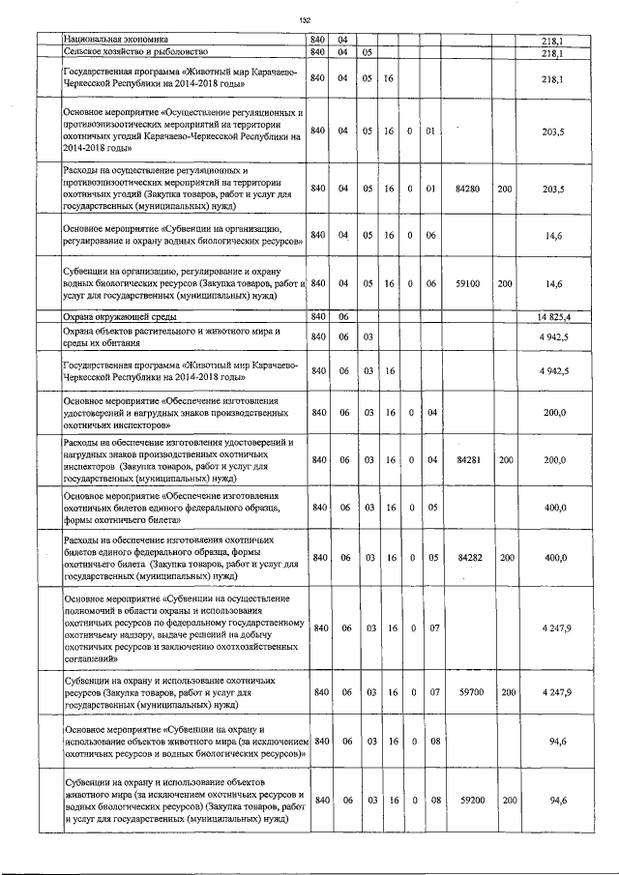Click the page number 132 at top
pyautogui.click(x=305, y=18)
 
